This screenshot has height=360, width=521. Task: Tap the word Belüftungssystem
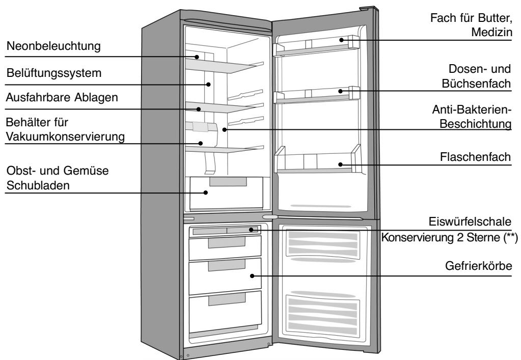coord(53,73)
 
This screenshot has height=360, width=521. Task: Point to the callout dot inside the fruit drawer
coord(206,192)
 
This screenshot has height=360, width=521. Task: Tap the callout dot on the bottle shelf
coord(340,164)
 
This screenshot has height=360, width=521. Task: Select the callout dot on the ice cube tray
coord(251,230)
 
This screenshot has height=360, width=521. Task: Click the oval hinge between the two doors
coord(270,217)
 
